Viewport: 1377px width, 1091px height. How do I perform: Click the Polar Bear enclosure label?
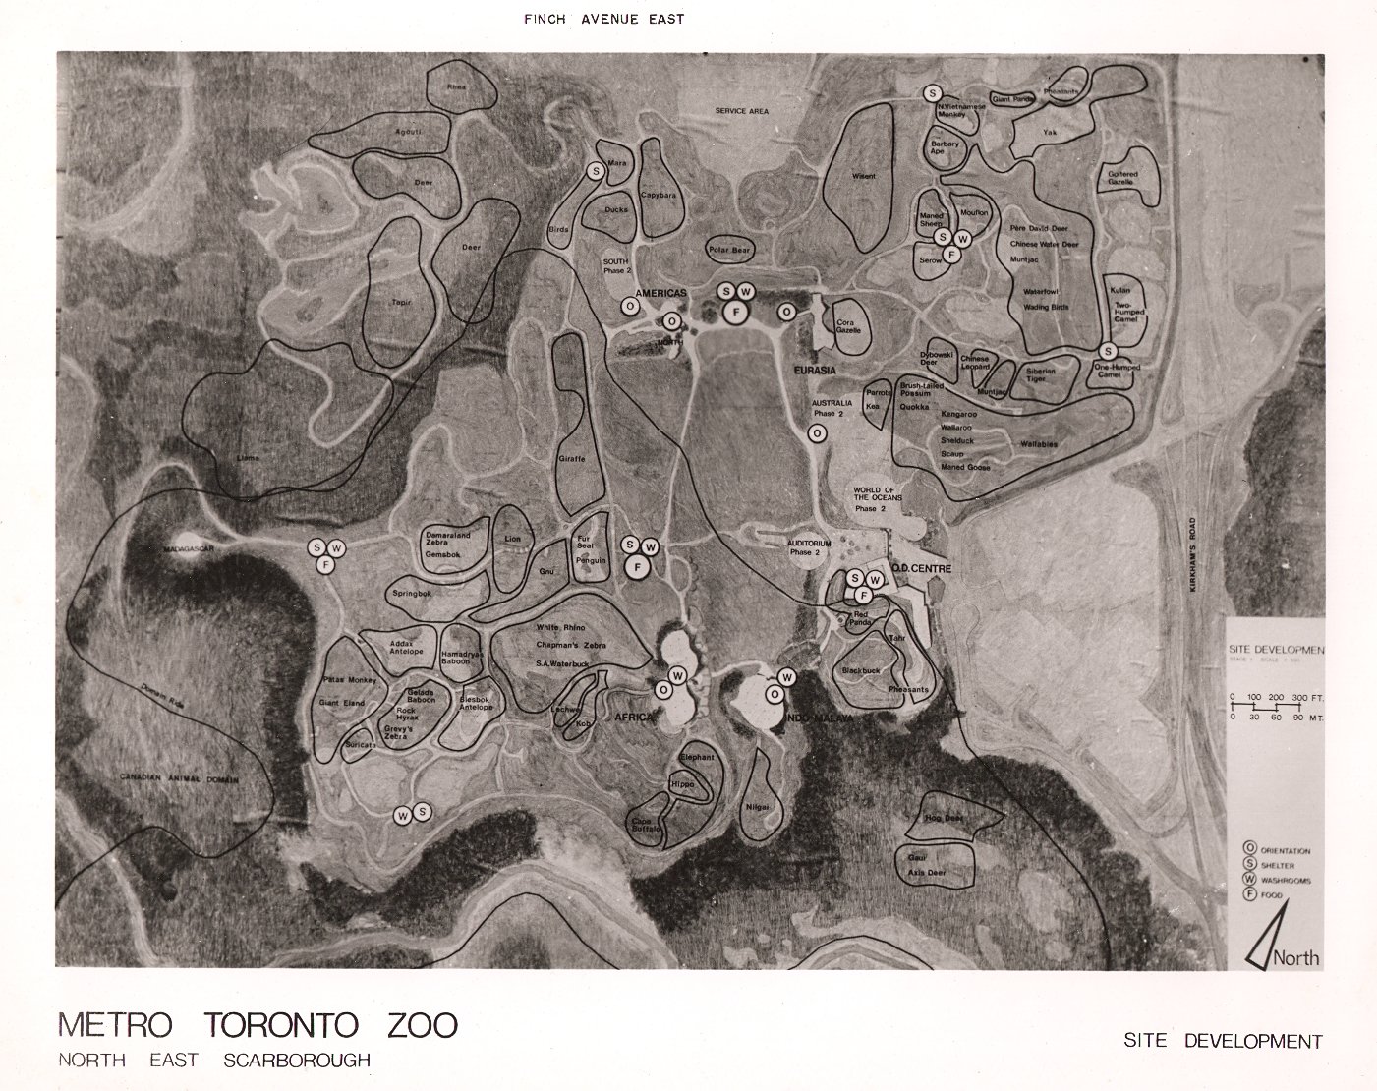click(x=729, y=251)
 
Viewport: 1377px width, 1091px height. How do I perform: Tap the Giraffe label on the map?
click(x=572, y=459)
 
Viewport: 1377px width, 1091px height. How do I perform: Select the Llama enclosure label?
click(x=249, y=458)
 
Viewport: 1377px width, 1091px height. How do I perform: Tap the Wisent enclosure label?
click(x=863, y=177)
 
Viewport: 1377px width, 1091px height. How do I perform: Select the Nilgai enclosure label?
click(x=757, y=806)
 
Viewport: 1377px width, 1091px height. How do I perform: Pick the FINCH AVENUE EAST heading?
click(x=604, y=19)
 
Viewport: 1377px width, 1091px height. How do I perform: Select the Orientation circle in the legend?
click(x=1250, y=848)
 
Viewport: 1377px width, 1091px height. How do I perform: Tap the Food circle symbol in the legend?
click(x=1250, y=895)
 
